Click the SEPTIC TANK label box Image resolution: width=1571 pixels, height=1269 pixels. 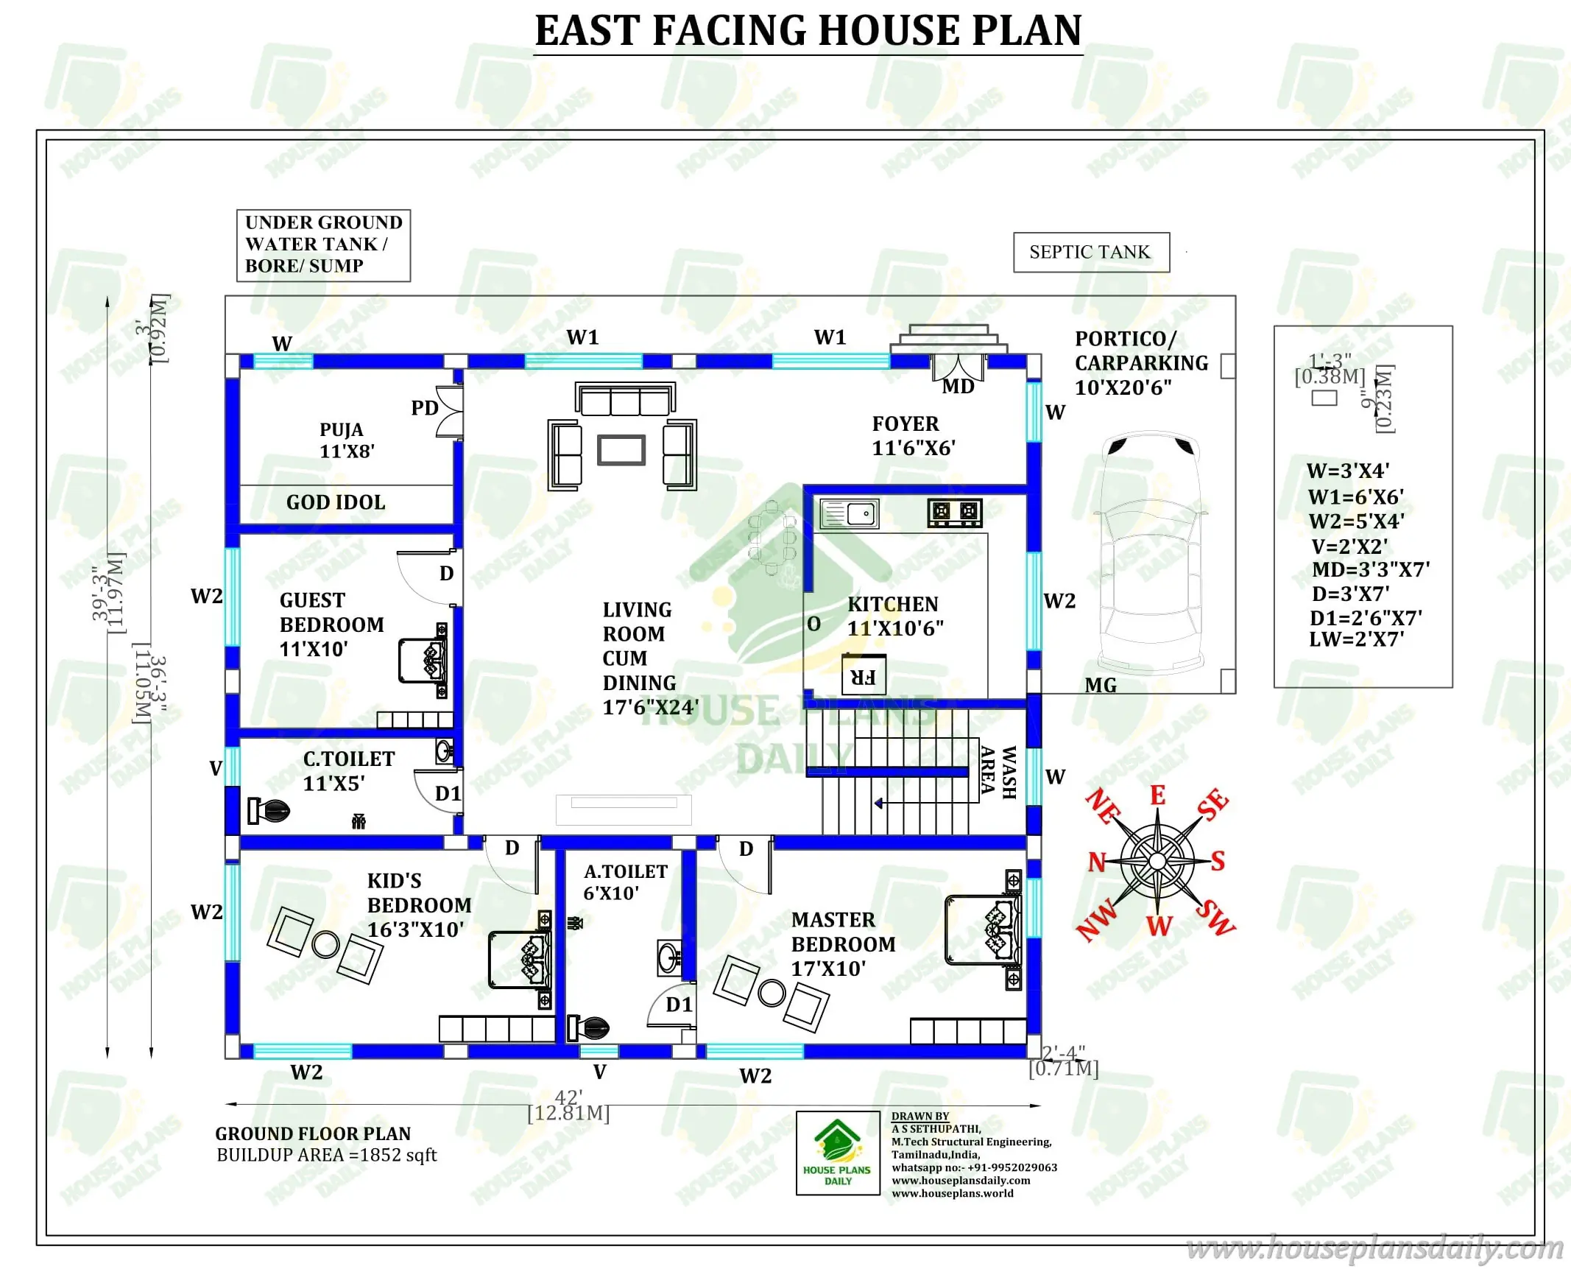1090,253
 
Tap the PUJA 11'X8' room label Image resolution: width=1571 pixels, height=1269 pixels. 346,440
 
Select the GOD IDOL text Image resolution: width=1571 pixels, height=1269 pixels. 336,502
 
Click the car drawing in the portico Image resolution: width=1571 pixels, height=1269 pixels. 1150,552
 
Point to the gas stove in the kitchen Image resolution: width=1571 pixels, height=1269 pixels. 955,512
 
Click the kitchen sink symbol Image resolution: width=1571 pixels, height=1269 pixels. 850,513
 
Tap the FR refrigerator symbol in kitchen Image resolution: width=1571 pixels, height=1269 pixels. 864,675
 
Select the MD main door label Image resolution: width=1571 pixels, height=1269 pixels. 959,387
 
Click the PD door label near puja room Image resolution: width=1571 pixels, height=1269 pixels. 425,408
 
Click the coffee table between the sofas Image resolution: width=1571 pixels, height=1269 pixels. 621,450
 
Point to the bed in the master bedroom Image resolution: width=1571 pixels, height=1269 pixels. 983,930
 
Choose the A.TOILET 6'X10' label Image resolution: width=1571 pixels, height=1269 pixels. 624,882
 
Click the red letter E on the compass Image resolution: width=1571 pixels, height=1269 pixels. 1158,795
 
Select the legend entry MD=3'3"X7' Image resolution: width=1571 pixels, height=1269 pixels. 1371,569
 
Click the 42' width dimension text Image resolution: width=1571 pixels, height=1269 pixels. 568,1097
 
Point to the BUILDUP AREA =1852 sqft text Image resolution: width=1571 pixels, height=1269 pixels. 326,1155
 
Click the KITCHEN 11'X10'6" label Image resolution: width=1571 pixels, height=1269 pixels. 895,616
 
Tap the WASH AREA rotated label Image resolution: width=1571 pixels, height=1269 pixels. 999,772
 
